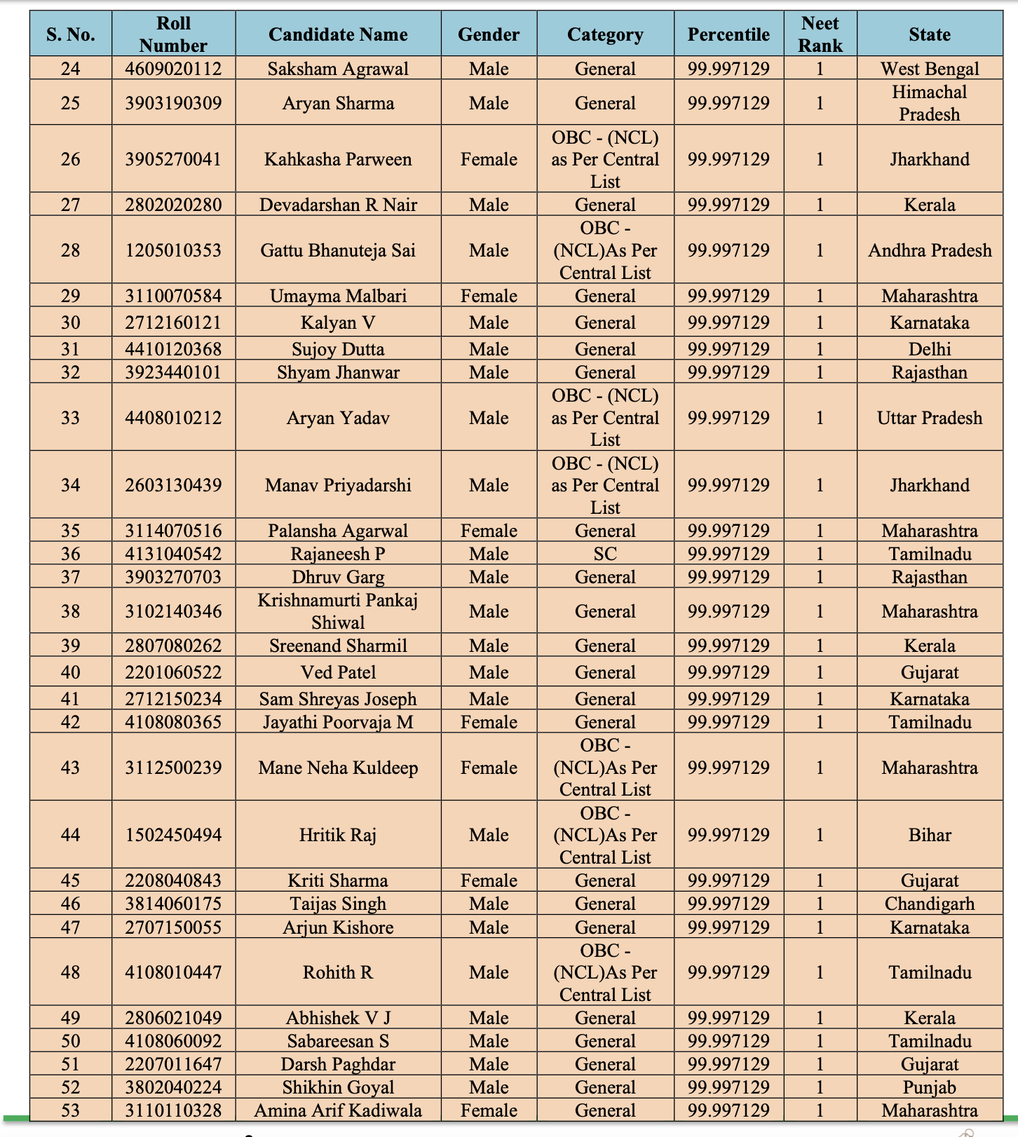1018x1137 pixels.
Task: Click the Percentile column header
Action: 728,34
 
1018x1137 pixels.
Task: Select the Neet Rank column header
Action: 820,34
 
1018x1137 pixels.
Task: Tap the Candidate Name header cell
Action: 338,34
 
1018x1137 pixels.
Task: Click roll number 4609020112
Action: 173,69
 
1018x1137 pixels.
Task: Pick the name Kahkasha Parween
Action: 338,159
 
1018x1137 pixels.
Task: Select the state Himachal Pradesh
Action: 929,103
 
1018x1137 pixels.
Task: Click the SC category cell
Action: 605,554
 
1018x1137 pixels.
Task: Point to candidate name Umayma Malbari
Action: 338,296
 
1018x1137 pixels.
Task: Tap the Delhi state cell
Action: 929,349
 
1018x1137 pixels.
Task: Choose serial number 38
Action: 70,611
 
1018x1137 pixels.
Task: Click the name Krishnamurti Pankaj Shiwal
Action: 338,611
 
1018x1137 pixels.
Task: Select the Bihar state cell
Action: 929,835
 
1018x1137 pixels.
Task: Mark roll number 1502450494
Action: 173,835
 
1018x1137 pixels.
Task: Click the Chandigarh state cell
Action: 929,904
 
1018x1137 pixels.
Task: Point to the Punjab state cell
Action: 929,1087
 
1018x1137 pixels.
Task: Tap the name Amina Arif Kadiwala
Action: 338,1110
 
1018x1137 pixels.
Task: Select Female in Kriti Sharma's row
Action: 489,880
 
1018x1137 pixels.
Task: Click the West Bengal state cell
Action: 929,69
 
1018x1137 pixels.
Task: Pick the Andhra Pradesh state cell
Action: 929,250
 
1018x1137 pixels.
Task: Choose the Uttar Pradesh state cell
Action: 929,418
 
